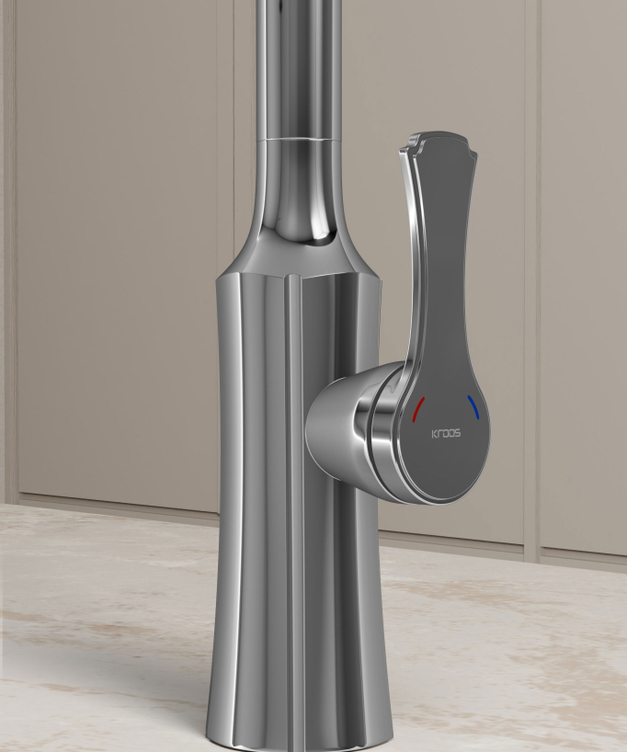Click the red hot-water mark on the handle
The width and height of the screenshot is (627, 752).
(x=417, y=409)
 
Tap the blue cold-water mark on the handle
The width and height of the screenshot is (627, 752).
(x=473, y=407)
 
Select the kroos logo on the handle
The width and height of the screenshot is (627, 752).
(x=446, y=434)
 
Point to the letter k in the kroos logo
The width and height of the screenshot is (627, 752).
(x=434, y=434)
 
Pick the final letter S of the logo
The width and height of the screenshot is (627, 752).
(x=458, y=434)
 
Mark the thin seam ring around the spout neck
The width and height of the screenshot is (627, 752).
(x=301, y=140)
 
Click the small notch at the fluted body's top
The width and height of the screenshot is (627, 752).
(x=294, y=276)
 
